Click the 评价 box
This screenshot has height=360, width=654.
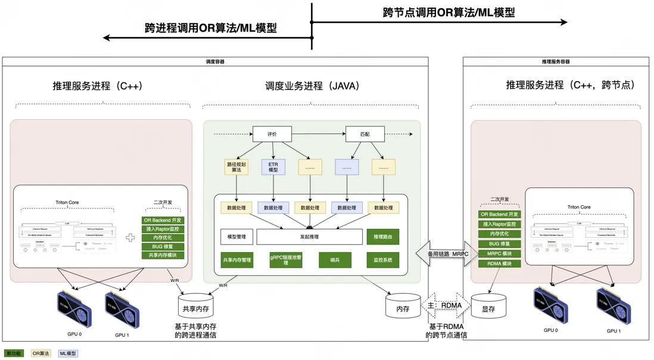(x=272, y=134)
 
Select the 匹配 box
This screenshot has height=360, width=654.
(x=365, y=134)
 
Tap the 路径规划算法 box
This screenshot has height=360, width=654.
(x=236, y=167)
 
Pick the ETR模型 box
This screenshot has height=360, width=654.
(x=273, y=167)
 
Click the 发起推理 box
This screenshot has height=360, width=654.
(x=309, y=237)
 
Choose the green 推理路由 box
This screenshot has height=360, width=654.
(x=382, y=237)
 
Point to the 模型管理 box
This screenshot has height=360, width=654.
(x=236, y=237)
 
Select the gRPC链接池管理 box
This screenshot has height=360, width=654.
(x=285, y=260)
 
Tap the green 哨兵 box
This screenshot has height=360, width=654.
(x=334, y=260)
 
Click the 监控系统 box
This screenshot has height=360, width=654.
(x=382, y=260)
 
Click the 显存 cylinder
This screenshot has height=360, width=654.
(x=488, y=308)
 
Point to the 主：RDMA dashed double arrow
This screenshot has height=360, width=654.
(x=446, y=306)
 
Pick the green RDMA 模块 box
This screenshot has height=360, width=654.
(x=499, y=263)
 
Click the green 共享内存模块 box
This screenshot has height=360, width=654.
(x=163, y=255)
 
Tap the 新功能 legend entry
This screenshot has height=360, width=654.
(x=14, y=353)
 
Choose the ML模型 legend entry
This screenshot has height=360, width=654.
(x=68, y=353)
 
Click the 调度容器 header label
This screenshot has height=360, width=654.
(x=215, y=61)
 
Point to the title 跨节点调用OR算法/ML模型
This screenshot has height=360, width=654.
(x=449, y=13)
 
